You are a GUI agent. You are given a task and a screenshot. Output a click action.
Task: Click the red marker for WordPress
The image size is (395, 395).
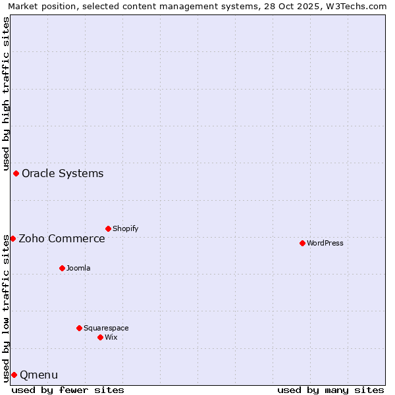coord(302,243)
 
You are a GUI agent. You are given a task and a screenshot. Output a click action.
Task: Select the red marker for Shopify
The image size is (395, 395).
coord(108,228)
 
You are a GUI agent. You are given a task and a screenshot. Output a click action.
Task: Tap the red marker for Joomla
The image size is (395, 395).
coord(62,268)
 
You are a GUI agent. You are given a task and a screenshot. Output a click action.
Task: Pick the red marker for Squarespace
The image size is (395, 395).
coord(79,328)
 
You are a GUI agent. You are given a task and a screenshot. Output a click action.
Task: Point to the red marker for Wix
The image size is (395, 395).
coord(100,337)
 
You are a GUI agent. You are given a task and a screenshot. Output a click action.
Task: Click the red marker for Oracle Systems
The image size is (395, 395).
coord(16,173)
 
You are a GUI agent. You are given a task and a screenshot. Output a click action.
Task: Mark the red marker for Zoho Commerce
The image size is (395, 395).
coord(13,238)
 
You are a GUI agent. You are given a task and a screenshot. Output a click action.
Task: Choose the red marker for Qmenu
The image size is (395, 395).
coord(14,375)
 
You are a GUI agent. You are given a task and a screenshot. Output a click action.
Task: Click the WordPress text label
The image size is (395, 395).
coord(325,243)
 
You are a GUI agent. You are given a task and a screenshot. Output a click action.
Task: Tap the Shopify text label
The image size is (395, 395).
coord(125,228)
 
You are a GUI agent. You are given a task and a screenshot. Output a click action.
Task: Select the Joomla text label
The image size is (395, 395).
coord(78,268)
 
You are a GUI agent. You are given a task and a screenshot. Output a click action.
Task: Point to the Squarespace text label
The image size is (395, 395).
coord(106,328)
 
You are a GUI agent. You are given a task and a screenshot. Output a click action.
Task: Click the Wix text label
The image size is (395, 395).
coord(111,337)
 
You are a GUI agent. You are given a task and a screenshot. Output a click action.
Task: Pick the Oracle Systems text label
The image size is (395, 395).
coord(63,174)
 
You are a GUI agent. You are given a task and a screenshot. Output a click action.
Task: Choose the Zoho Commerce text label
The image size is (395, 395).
coord(62,238)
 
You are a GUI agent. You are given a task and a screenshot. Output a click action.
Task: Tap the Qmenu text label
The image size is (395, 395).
coord(39,375)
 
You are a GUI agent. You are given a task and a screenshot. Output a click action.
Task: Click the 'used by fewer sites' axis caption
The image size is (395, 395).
coord(68,390)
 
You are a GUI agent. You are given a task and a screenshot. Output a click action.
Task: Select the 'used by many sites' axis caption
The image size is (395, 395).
coord(330,390)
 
